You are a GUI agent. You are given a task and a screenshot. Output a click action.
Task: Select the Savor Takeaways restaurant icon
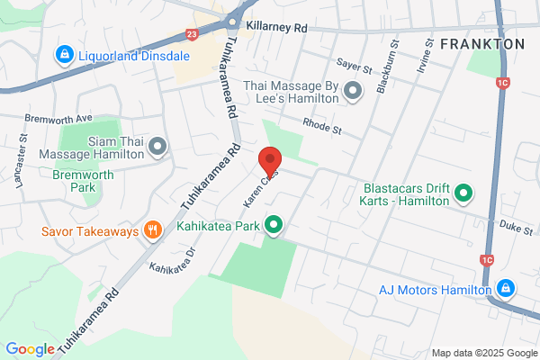(153, 230)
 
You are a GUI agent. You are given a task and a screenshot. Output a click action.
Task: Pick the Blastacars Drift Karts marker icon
(463, 192)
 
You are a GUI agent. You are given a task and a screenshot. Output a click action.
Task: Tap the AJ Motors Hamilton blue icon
(506, 289)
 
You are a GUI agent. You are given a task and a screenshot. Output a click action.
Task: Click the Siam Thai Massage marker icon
(158, 146)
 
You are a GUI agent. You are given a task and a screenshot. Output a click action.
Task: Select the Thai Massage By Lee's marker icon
(353, 89)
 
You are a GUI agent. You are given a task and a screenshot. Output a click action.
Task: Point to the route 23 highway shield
(192, 34)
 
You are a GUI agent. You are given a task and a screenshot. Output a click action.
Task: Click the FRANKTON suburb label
(482, 43)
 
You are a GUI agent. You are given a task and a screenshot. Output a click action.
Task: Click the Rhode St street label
(323, 128)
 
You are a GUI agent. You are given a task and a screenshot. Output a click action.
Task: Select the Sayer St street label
(354, 65)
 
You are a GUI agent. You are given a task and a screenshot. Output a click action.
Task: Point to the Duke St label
(516, 230)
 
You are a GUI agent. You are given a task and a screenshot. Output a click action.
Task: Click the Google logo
(30, 348)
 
